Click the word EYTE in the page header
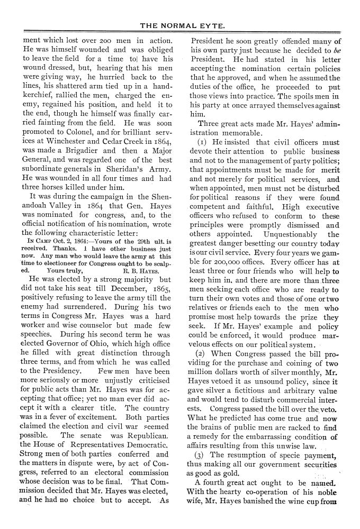209,25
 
